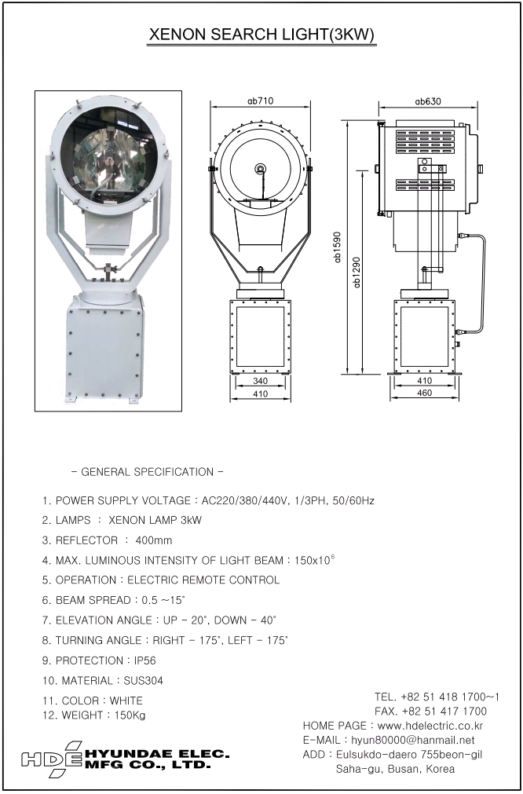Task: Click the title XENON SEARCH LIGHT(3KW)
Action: (261, 36)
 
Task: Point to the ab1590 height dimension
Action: (338, 248)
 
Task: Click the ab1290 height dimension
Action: (357, 272)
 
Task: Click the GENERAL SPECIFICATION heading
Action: (147, 472)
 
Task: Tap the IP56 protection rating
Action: (141, 660)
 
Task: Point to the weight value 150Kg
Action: (124, 715)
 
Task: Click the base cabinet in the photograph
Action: (103, 350)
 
